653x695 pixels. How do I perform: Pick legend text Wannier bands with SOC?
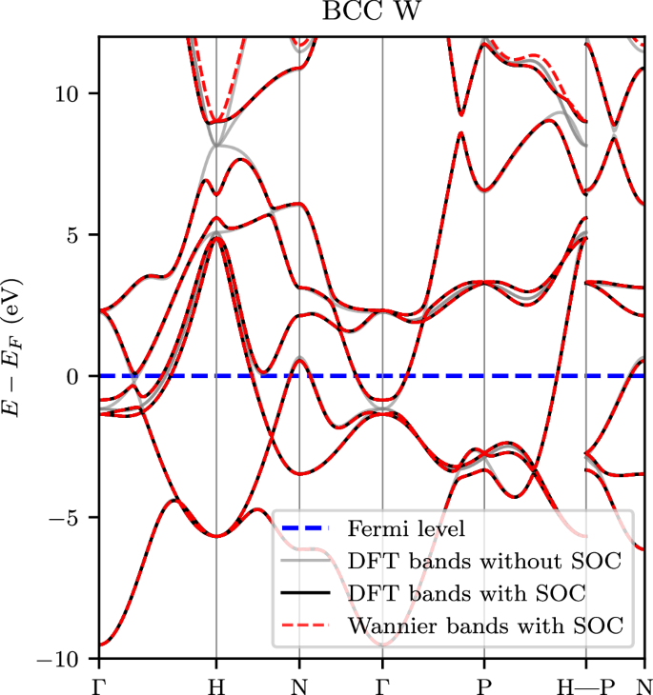tap(485, 626)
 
